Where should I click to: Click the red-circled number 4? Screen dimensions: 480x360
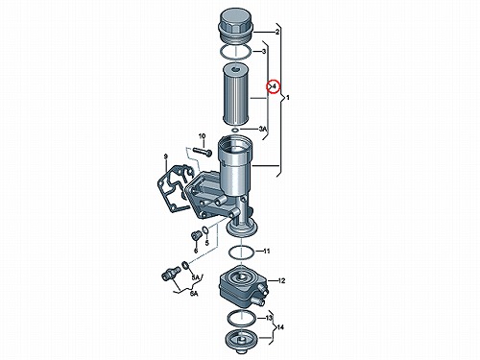click(275, 86)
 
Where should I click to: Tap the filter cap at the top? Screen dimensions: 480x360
click(235, 26)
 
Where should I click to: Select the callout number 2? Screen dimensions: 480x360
click(277, 32)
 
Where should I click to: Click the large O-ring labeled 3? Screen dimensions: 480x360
click(235, 52)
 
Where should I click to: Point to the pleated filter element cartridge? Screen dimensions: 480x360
click(235, 94)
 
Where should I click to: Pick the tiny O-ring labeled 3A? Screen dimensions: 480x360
click(235, 130)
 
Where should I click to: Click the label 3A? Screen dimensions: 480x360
click(262, 129)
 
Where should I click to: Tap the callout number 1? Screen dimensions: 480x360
click(287, 98)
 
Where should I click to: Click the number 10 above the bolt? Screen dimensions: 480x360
click(202, 136)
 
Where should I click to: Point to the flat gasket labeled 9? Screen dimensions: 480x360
click(175, 189)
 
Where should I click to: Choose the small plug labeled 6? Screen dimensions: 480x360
click(195, 236)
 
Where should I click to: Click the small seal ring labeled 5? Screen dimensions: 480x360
click(204, 229)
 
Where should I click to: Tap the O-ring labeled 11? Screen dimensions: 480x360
click(242, 252)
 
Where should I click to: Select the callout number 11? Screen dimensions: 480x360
click(266, 252)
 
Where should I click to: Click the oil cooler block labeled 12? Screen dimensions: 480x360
click(242, 285)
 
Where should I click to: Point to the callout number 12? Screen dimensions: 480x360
click(281, 281)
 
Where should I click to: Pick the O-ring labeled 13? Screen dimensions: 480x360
click(242, 318)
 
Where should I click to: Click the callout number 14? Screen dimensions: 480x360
click(280, 327)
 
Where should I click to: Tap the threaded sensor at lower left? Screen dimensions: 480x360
click(171, 273)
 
